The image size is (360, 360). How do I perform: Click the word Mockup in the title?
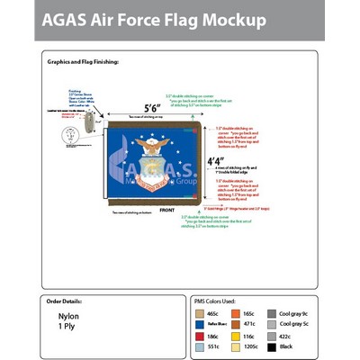click(x=229, y=19)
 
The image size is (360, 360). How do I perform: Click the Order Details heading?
click(x=65, y=301)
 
